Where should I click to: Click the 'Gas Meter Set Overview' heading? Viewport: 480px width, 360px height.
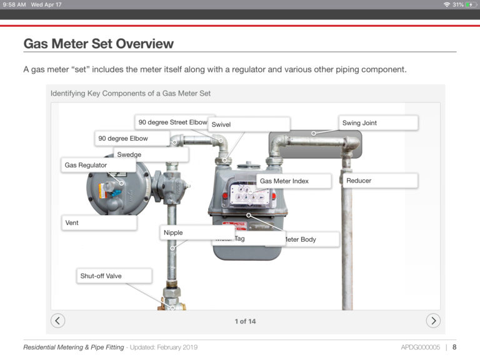(x=98, y=44)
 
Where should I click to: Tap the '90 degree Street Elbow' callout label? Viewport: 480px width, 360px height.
(x=172, y=122)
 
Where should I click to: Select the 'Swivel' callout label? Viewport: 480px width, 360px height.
(x=248, y=124)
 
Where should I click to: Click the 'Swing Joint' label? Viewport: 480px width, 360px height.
(x=378, y=123)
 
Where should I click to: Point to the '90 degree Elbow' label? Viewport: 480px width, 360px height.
(x=131, y=138)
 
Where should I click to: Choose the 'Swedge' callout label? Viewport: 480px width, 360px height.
(x=150, y=154)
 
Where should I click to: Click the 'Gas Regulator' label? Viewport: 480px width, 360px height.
(x=98, y=165)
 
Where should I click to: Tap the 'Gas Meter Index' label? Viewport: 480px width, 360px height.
(x=293, y=181)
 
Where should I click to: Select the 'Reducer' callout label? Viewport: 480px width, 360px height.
(x=379, y=181)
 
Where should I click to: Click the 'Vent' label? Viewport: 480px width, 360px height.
(x=98, y=222)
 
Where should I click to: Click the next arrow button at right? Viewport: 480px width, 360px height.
(x=433, y=321)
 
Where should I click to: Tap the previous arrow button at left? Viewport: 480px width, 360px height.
(x=57, y=321)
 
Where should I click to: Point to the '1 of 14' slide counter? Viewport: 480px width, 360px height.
(x=245, y=321)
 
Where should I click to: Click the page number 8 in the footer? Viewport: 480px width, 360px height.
(x=454, y=347)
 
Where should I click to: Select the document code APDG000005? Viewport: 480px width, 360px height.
(x=421, y=347)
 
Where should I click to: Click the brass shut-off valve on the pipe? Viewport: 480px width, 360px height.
(x=170, y=299)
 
